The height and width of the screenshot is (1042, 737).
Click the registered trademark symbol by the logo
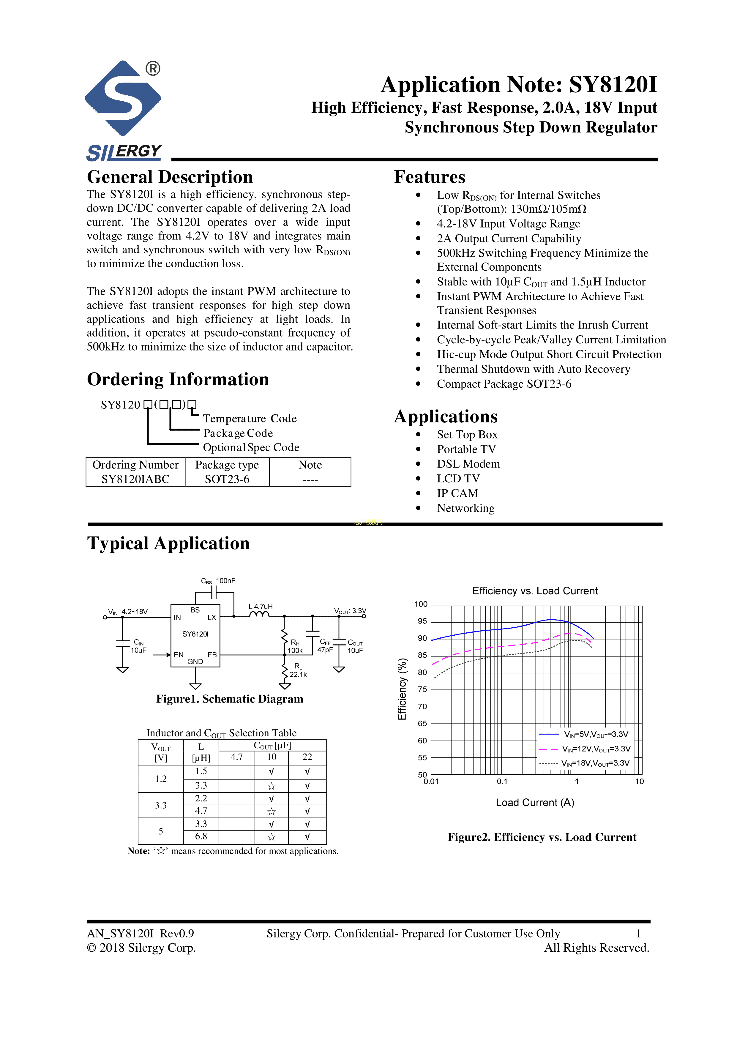click(153, 69)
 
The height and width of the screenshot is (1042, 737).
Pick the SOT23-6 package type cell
click(227, 479)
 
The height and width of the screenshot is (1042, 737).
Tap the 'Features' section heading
click(429, 177)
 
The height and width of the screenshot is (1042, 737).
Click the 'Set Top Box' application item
click(467, 435)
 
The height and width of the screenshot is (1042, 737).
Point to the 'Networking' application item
click(465, 508)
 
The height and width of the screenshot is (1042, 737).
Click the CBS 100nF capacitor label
click(218, 581)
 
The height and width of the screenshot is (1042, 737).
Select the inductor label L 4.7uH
click(261, 606)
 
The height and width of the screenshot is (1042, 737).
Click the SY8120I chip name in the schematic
click(195, 634)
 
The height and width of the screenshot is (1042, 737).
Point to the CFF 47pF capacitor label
click(325, 646)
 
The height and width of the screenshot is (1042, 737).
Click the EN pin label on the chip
click(179, 655)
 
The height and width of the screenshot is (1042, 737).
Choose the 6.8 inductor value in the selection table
click(201, 836)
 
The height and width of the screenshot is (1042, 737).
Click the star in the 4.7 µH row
click(272, 812)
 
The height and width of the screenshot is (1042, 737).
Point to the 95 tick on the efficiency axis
click(422, 621)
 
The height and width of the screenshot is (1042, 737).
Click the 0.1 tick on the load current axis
click(502, 781)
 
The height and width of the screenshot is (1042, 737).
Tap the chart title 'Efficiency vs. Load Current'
click(535, 591)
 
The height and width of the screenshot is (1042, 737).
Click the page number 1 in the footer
click(638, 934)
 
